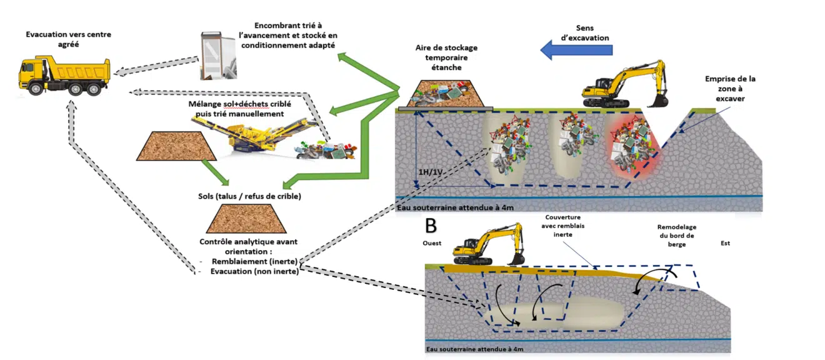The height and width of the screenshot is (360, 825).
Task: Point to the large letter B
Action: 431,224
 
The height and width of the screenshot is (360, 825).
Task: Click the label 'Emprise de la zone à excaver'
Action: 730,89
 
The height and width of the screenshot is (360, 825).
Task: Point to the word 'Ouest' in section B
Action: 432,243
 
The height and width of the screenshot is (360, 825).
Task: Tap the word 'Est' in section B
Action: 725,243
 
